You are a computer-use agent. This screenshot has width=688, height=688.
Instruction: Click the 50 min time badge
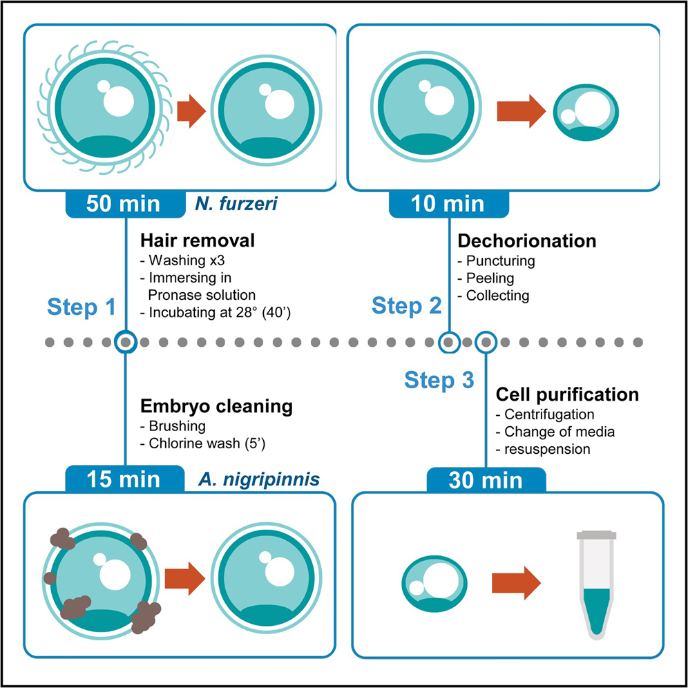coord(125,204)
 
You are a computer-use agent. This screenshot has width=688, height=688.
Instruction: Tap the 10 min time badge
coord(448,204)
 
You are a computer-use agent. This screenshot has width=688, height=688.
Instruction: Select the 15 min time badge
coord(125,479)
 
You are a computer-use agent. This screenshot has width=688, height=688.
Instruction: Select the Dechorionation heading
coord(526,241)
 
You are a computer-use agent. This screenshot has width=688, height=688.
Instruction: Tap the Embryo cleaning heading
coord(216,406)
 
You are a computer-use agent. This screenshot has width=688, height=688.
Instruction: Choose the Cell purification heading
coord(567,395)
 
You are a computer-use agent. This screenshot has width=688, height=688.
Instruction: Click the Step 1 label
coord(82,308)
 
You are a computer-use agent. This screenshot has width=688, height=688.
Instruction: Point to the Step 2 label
coord(406,305)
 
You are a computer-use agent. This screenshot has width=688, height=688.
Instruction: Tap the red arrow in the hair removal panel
coord(192,111)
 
